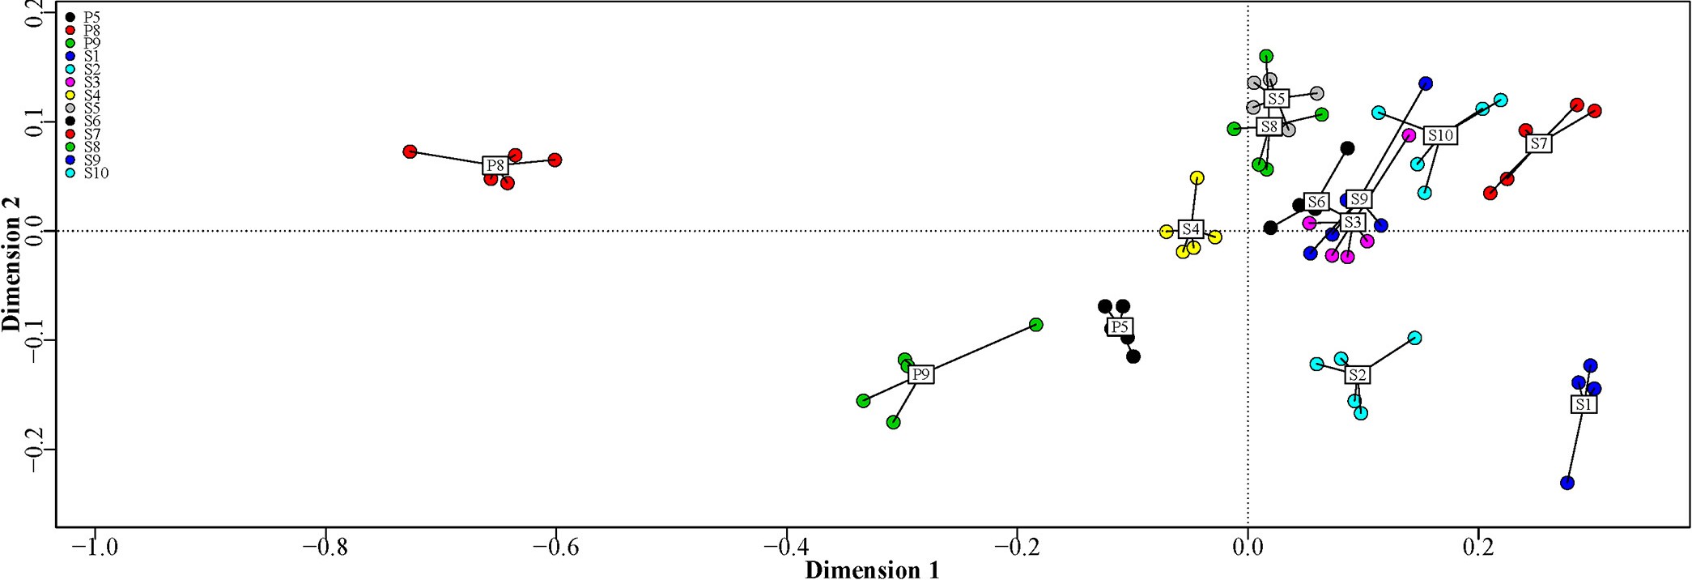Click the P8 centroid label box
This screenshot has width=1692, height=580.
pyautogui.click(x=495, y=165)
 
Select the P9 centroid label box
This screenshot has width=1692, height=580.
pyautogui.click(x=920, y=374)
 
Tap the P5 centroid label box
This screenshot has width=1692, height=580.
pyautogui.click(x=1119, y=326)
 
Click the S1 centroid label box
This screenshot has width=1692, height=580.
pyautogui.click(x=1584, y=403)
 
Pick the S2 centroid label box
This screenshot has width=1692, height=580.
pyautogui.click(x=1357, y=374)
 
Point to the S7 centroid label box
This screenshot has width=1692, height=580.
pyautogui.click(x=1538, y=143)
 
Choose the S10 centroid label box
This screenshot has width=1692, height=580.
pyautogui.click(x=1440, y=135)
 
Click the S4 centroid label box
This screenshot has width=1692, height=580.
pyautogui.click(x=1190, y=229)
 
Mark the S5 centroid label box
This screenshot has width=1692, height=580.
pyautogui.click(x=1276, y=99)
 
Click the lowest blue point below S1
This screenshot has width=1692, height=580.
pyautogui.click(x=1567, y=483)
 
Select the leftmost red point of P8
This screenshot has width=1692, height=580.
pyautogui.click(x=410, y=151)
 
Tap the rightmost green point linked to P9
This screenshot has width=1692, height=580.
pyautogui.click(x=1035, y=325)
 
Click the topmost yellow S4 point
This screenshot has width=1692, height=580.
pyautogui.click(x=1197, y=177)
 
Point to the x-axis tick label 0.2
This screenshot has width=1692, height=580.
pyautogui.click(x=1478, y=547)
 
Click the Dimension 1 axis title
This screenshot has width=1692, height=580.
pyautogui.click(x=872, y=570)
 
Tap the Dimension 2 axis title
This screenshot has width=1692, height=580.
pyautogui.click(x=11, y=275)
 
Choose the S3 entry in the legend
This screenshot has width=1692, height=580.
pyautogui.click(x=91, y=82)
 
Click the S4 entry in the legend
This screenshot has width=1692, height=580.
pyautogui.click(x=91, y=95)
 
